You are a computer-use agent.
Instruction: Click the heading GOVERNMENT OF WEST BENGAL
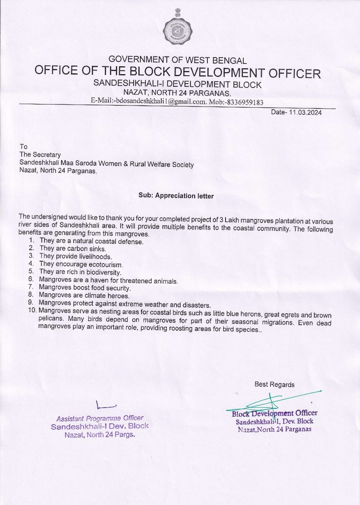(178, 60)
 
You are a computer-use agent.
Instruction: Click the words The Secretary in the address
(40, 155)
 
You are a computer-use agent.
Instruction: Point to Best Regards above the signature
(274, 384)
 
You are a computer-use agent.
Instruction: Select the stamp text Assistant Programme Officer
(100, 418)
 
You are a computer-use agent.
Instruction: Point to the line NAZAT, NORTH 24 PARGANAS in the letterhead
(177, 93)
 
